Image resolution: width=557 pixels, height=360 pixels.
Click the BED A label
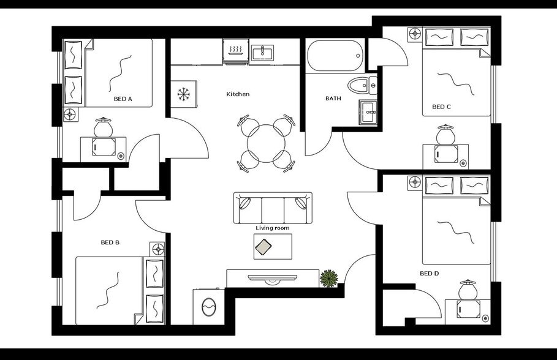(x=123, y=99)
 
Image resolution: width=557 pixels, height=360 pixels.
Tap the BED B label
(x=110, y=242)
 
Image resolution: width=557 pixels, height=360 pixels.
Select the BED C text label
(x=441, y=107)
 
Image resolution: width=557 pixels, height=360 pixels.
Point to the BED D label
(x=429, y=274)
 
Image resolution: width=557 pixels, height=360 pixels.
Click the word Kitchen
(x=238, y=94)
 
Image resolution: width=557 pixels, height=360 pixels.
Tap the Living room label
(x=273, y=228)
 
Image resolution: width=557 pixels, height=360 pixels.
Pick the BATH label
(x=333, y=99)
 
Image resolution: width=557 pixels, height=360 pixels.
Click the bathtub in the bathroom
(x=335, y=56)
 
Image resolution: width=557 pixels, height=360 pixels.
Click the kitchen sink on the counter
(x=263, y=52)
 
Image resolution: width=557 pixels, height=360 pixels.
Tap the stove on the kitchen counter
(x=235, y=51)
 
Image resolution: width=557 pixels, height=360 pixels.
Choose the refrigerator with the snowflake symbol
(x=183, y=94)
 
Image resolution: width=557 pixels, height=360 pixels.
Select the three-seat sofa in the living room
(x=273, y=208)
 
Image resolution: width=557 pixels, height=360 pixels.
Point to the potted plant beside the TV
(x=329, y=279)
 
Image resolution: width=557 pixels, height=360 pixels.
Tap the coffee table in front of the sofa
(x=273, y=247)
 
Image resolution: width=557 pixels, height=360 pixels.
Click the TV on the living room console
(x=273, y=279)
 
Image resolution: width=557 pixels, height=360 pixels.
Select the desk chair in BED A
(x=103, y=128)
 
